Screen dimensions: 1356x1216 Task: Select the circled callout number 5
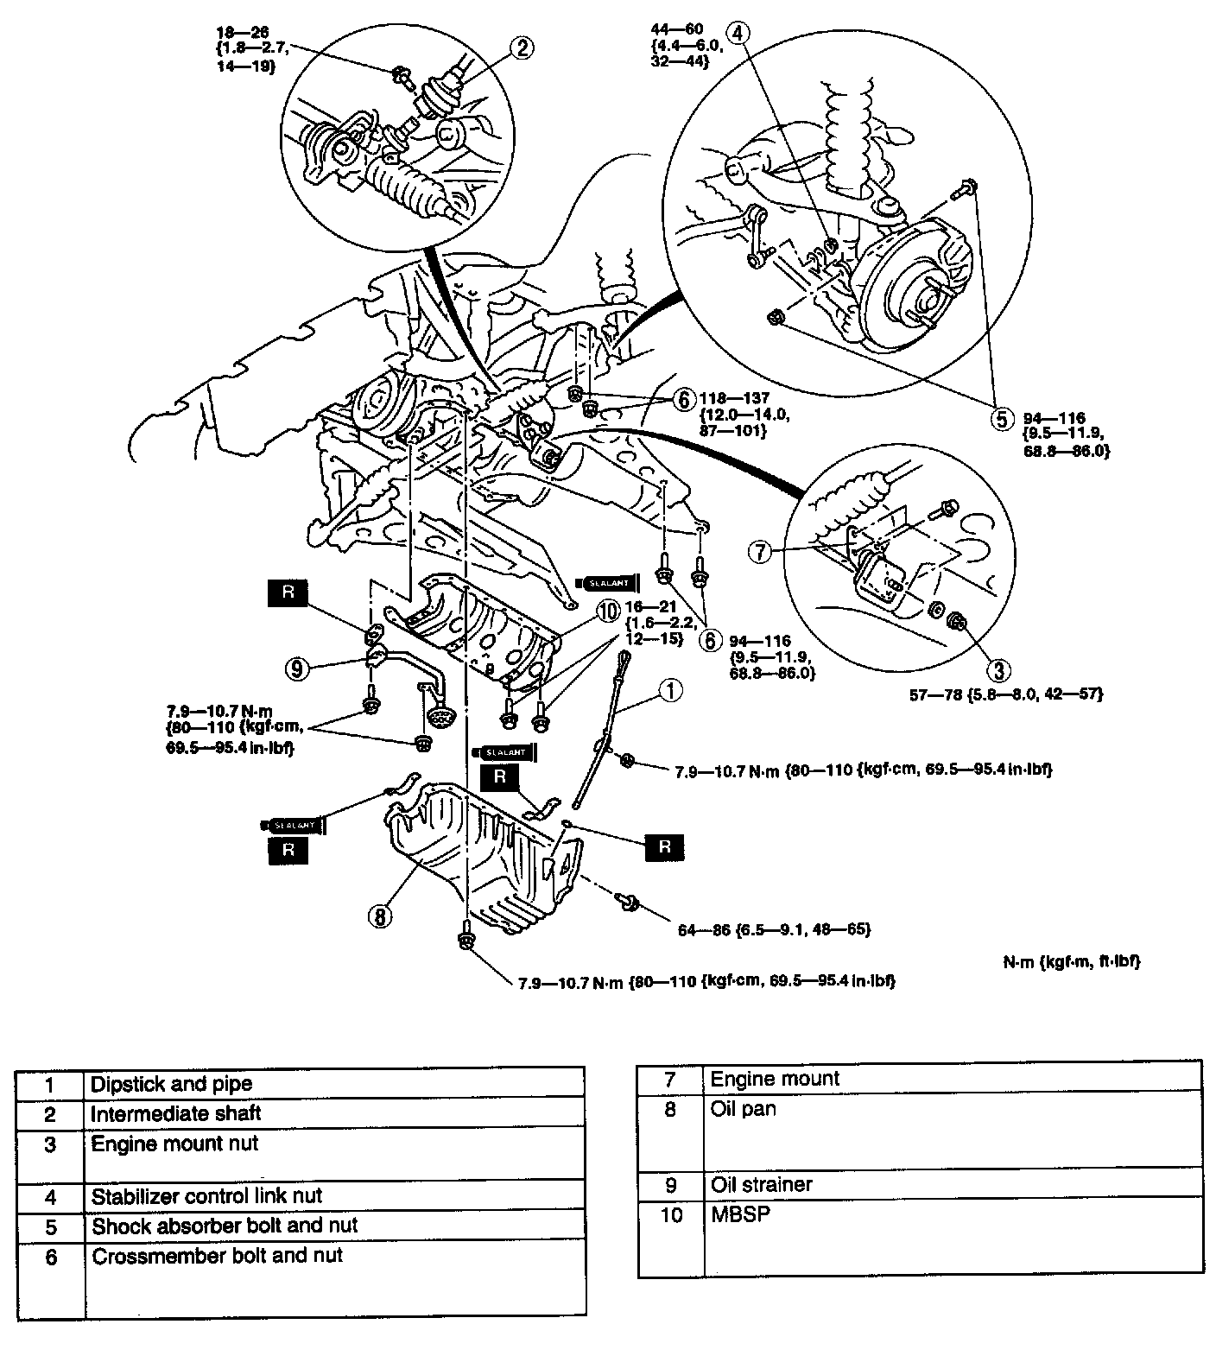1000,419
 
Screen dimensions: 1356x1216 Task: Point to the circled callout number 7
759,551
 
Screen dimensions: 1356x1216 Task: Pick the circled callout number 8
381,915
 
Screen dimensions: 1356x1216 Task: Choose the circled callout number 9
297,667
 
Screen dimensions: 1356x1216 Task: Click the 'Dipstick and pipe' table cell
171,1084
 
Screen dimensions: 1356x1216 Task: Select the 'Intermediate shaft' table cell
175,1113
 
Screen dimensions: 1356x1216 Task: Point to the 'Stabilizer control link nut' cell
206,1196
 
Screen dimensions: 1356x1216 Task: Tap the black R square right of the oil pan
664,846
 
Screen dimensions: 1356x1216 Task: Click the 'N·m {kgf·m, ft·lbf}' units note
1066,960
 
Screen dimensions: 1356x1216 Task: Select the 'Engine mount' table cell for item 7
775,1078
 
